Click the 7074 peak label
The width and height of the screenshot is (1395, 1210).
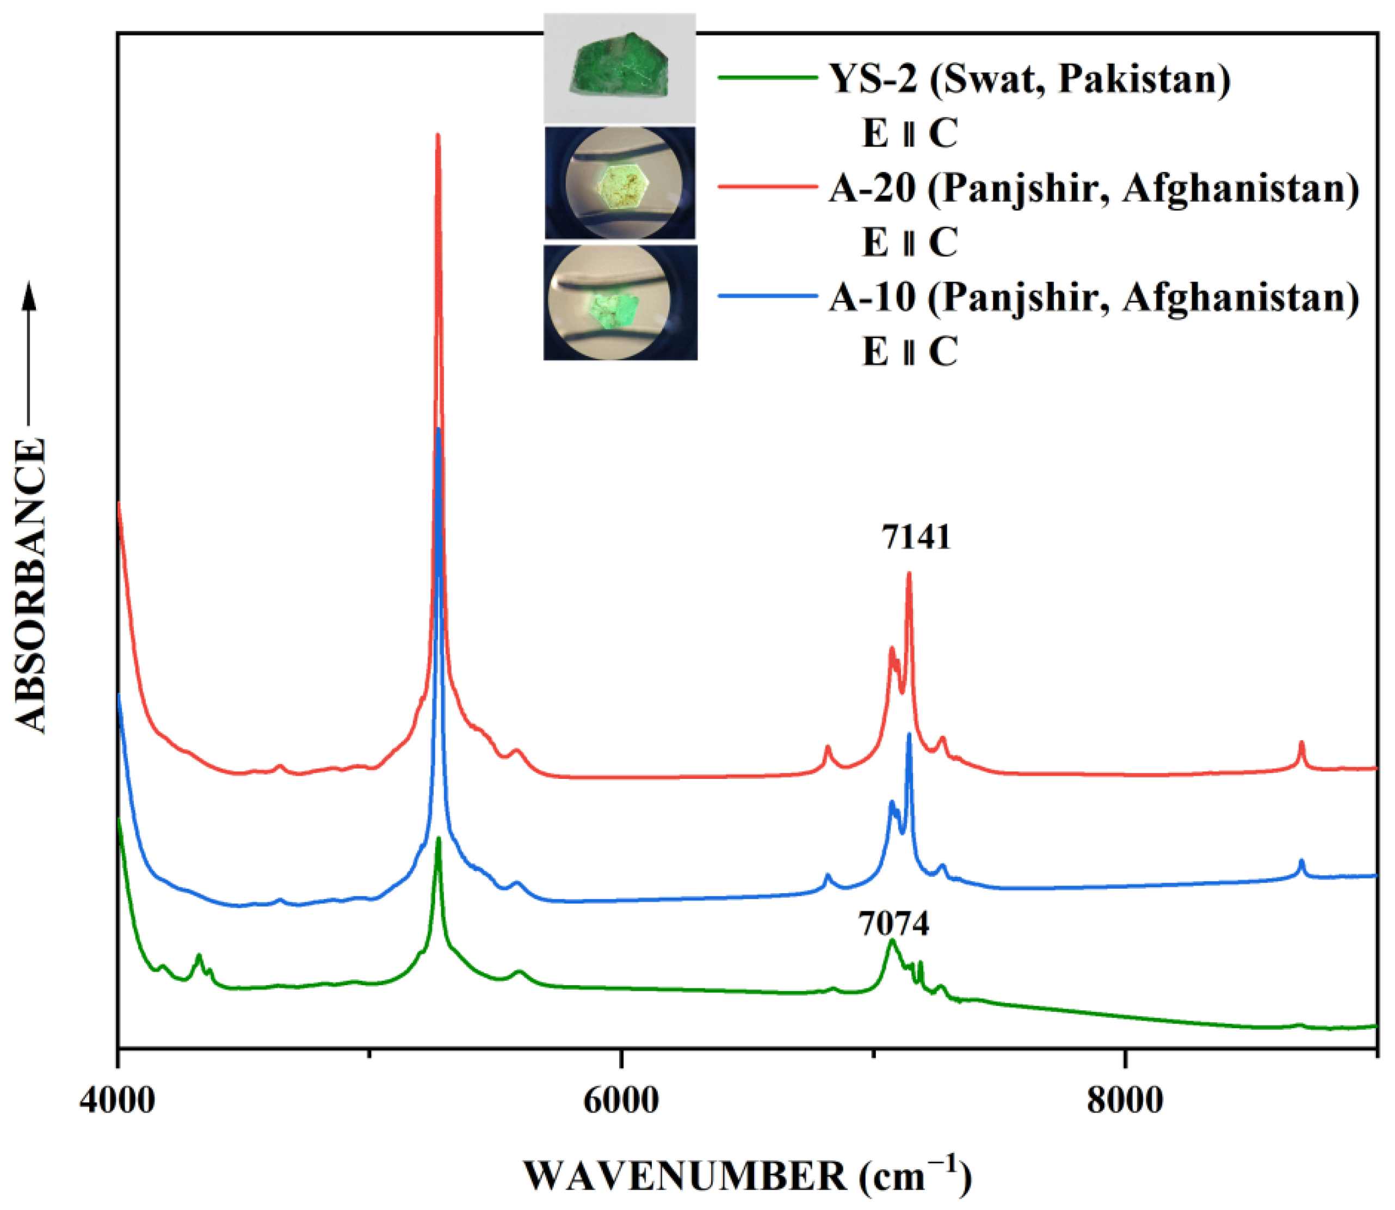coord(893,924)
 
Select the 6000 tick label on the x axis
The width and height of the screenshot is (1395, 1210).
coord(621,1101)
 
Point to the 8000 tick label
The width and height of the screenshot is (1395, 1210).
coord(1125,1101)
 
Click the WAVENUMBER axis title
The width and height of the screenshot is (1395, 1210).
coord(747,1176)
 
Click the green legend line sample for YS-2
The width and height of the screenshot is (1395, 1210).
coord(767,78)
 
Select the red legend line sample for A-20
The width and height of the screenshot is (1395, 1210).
coord(767,186)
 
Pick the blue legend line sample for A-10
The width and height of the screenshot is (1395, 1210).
coord(767,295)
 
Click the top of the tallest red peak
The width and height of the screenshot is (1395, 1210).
coord(438,135)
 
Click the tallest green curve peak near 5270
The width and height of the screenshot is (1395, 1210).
coord(439,839)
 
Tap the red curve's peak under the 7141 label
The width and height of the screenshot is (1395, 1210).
coord(909,574)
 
